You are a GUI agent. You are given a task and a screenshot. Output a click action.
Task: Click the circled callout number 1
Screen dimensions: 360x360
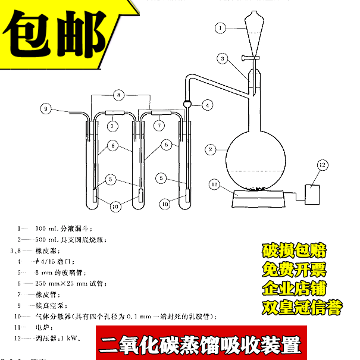(x=221, y=27)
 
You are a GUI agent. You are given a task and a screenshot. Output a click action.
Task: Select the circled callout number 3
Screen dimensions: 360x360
(x=222, y=59)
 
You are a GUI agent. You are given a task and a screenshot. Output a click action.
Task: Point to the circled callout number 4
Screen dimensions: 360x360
(x=207, y=105)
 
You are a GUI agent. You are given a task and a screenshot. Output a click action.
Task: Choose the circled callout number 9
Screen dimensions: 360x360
(x=46, y=108)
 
